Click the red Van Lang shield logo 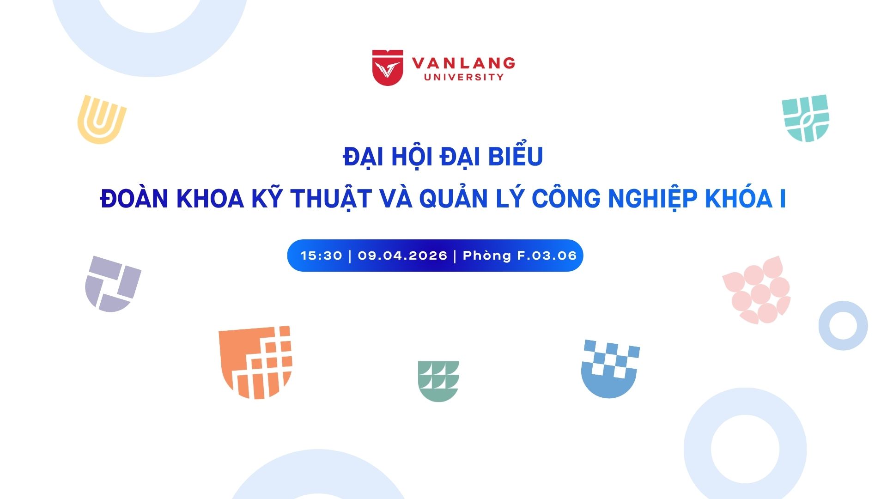click(388, 67)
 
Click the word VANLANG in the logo click(463, 63)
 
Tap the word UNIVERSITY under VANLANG click(464, 77)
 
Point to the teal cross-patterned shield click(806, 118)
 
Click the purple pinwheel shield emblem click(113, 284)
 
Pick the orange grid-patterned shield click(255, 362)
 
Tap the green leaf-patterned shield click(438, 381)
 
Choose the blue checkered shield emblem click(610, 369)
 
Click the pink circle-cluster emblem click(757, 290)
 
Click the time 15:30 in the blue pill click(322, 256)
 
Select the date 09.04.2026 click(402, 256)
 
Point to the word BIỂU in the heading click(516, 156)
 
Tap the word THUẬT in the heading click(331, 199)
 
